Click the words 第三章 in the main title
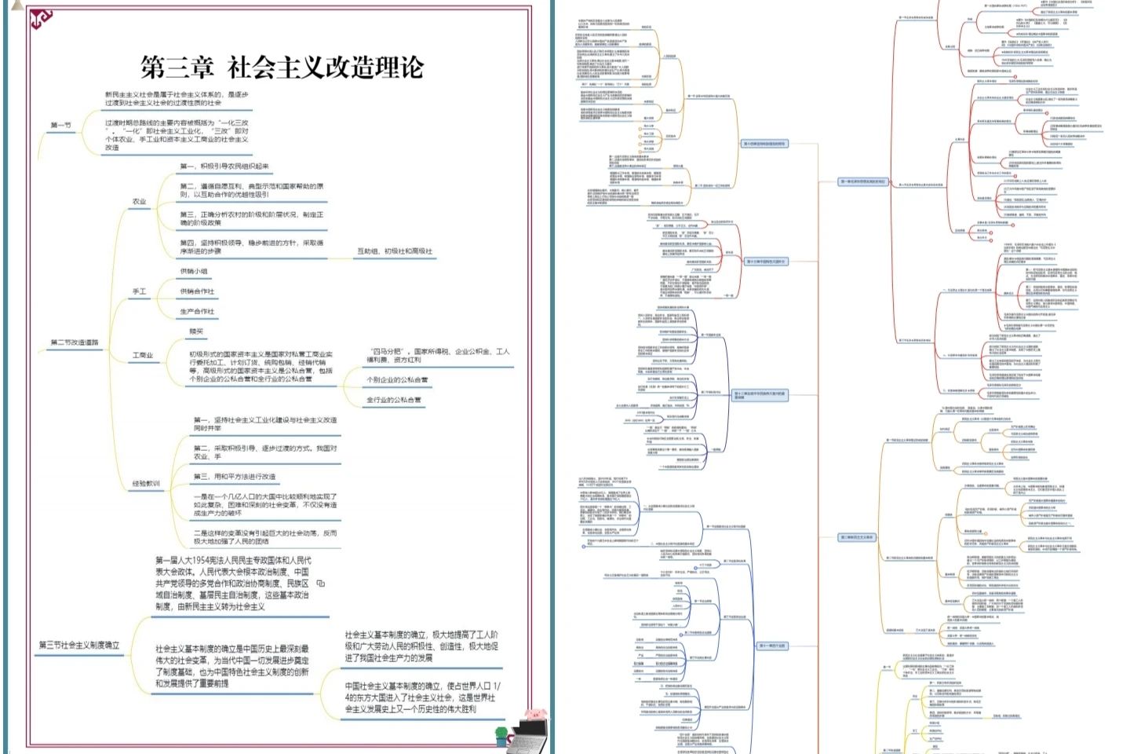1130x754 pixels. (x=177, y=68)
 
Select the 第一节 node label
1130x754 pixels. (x=60, y=125)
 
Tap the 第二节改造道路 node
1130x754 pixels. (x=75, y=342)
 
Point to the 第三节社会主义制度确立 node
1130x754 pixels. (x=79, y=645)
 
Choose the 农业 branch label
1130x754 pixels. (x=139, y=202)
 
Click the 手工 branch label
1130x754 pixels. (x=139, y=291)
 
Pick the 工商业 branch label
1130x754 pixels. (x=143, y=355)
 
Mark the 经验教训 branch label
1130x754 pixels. (x=146, y=484)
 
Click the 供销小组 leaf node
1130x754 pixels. (x=194, y=272)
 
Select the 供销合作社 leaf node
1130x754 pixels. (x=197, y=291)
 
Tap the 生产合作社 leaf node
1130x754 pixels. (x=197, y=312)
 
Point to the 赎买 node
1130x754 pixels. (x=196, y=331)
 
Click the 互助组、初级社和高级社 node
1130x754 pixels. (x=395, y=251)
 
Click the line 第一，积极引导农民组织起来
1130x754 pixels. (x=224, y=167)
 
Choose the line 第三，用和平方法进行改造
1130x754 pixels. (x=235, y=477)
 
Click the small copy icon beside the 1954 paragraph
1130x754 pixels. (x=320, y=584)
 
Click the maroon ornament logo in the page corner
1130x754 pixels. (x=40, y=18)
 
